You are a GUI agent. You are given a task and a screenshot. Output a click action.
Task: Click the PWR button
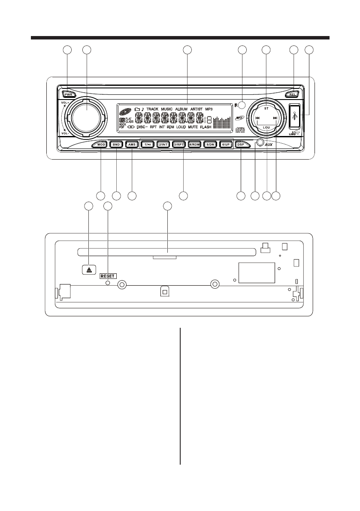click(x=68, y=94)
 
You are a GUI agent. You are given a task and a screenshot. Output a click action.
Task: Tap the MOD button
click(x=101, y=145)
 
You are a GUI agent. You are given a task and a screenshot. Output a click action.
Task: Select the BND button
click(x=116, y=145)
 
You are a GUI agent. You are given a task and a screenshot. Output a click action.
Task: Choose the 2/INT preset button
click(x=163, y=145)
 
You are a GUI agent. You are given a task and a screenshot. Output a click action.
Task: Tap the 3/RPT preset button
click(x=179, y=145)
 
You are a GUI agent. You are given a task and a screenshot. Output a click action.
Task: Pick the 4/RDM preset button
click(x=195, y=145)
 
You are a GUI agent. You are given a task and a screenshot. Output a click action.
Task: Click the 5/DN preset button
click(x=210, y=145)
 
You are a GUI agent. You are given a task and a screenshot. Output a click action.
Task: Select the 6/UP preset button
click(x=226, y=145)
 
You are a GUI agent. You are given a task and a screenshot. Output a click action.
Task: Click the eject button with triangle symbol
click(x=88, y=269)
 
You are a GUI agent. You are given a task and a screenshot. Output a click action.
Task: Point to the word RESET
click(x=108, y=276)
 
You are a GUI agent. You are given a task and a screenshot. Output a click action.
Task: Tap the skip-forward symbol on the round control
click(x=275, y=117)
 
